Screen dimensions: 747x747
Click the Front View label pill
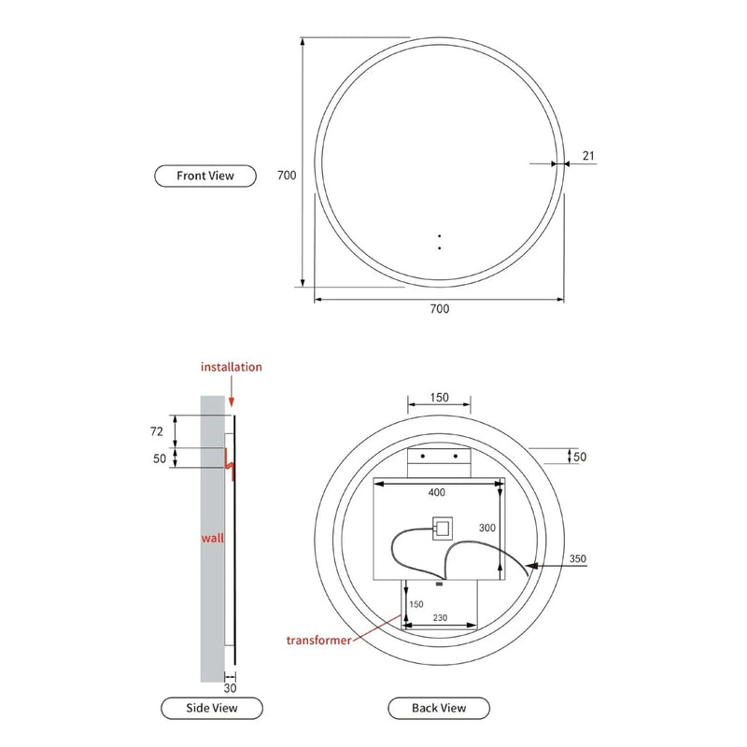click(204, 175)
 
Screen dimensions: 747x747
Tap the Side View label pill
click(212, 708)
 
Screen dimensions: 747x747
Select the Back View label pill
click(439, 708)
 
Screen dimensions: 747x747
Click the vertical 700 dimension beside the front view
click(287, 175)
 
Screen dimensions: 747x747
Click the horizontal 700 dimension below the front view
click(439, 309)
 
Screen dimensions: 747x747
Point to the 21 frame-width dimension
click(588, 156)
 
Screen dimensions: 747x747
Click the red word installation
click(232, 367)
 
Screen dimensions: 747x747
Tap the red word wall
click(213, 539)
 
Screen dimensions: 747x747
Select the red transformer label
click(319, 641)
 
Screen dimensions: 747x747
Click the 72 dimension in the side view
click(157, 431)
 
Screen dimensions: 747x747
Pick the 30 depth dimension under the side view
click(230, 688)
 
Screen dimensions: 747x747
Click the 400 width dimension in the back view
click(436, 492)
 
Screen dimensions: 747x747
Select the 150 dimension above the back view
click(439, 397)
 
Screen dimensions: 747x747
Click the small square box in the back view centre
click(440, 529)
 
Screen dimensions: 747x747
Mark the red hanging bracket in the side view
click(230, 462)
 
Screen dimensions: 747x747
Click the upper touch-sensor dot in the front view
click(439, 237)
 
